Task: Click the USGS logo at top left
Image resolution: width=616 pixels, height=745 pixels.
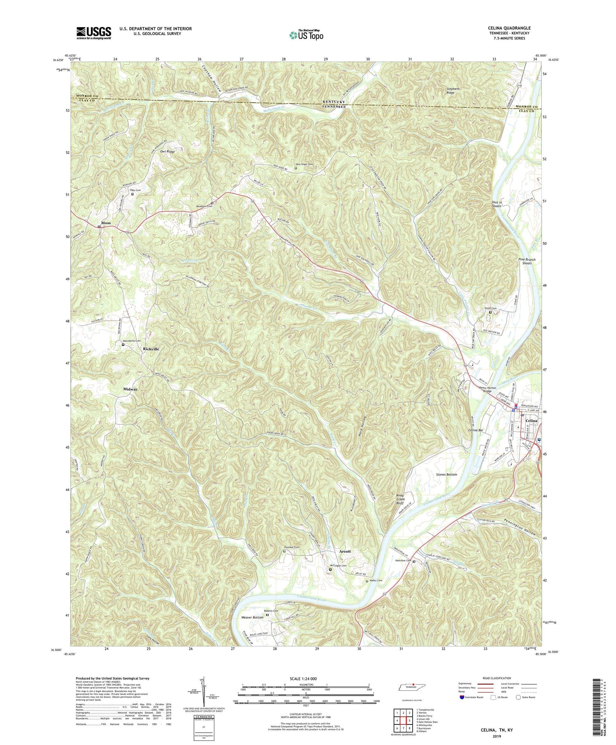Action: tap(94, 33)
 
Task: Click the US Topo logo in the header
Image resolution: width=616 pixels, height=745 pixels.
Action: tap(306, 35)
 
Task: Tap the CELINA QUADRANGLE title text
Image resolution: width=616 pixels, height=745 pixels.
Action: tap(507, 28)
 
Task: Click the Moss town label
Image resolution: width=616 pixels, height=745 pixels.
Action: tap(106, 223)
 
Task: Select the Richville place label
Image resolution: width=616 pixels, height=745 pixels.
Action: tap(151, 349)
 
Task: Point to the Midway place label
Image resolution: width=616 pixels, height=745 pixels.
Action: tap(131, 389)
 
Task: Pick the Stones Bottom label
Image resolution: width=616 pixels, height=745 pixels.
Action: tap(446, 475)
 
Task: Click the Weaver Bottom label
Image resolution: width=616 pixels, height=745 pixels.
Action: tap(252, 618)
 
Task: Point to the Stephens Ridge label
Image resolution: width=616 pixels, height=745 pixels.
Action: tap(453, 90)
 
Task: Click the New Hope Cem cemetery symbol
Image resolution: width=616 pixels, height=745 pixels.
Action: tap(296, 168)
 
